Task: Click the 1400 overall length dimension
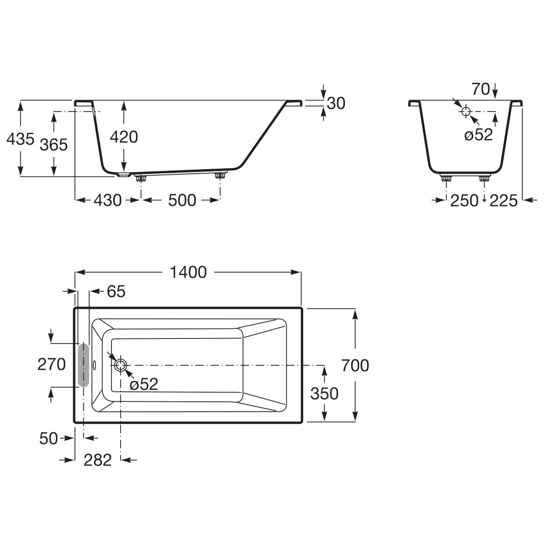point(188,272)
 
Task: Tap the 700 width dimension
point(355,365)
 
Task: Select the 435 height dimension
point(20,139)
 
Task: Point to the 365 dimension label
point(54,145)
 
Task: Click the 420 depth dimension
point(124,137)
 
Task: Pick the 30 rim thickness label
point(336,103)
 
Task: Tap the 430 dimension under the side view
point(108,200)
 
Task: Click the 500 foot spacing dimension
point(182,200)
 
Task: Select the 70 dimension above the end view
point(480,89)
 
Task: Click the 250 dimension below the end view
point(465,201)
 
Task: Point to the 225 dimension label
point(504,201)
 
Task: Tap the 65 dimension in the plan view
point(116,291)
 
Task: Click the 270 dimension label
point(51,364)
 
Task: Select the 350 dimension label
point(324,394)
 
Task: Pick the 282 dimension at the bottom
point(97,460)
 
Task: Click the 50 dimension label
point(48,438)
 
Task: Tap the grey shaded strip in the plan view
point(84,364)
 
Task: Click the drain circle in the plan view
point(121,365)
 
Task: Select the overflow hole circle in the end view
point(465,111)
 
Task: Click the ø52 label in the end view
point(479,134)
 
